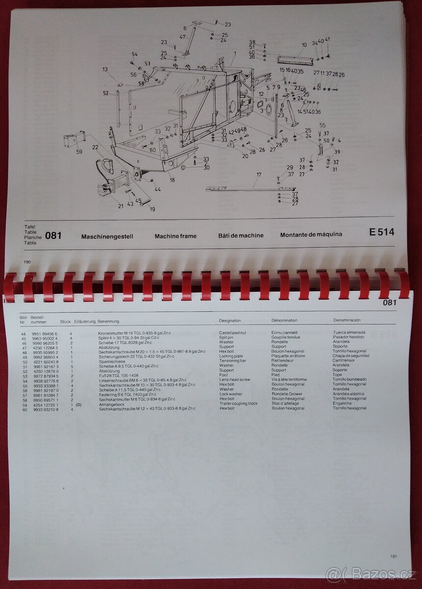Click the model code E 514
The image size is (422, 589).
pyautogui.click(x=381, y=232)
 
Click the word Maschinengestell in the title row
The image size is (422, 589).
pyautogui.click(x=107, y=236)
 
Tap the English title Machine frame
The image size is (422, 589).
pyautogui.click(x=175, y=236)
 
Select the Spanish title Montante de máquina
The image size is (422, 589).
pyautogui.click(x=311, y=235)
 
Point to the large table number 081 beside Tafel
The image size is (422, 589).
pyautogui.click(x=53, y=236)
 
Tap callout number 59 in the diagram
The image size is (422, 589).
pyautogui.click(x=79, y=152)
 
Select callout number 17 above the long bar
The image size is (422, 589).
pyautogui.click(x=259, y=174)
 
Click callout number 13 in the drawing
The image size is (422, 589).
pyautogui.click(x=105, y=70)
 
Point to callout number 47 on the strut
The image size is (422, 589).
pyautogui.click(x=183, y=37)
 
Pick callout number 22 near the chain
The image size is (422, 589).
pyautogui.click(x=95, y=147)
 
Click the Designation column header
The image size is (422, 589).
pyautogui.click(x=230, y=321)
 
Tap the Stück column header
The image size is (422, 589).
pyautogui.click(x=65, y=322)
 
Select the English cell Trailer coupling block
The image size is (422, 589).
pyautogui.click(x=238, y=403)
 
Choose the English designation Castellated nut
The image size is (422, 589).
pyautogui.click(x=233, y=333)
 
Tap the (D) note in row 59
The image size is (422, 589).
pyautogui.click(x=79, y=404)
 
